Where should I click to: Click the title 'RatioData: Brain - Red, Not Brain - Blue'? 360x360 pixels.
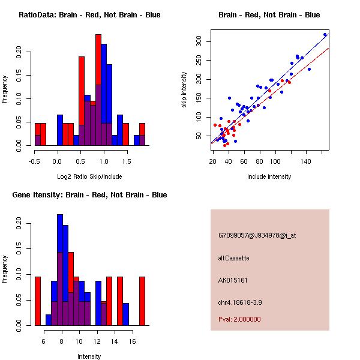[89, 15]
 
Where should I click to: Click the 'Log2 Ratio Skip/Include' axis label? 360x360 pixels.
[89, 176]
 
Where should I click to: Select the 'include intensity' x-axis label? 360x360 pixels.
[269, 176]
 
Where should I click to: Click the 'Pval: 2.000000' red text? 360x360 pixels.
[239, 319]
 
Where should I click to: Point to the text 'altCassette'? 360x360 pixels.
[233, 258]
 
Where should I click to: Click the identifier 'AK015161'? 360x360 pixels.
[233, 280]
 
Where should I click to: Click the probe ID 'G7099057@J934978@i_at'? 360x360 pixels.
[257, 235]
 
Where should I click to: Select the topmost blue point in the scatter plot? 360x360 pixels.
[325, 35]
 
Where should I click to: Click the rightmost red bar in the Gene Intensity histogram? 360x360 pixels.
[142, 300]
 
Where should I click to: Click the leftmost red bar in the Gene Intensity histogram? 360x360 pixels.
[38, 300]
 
